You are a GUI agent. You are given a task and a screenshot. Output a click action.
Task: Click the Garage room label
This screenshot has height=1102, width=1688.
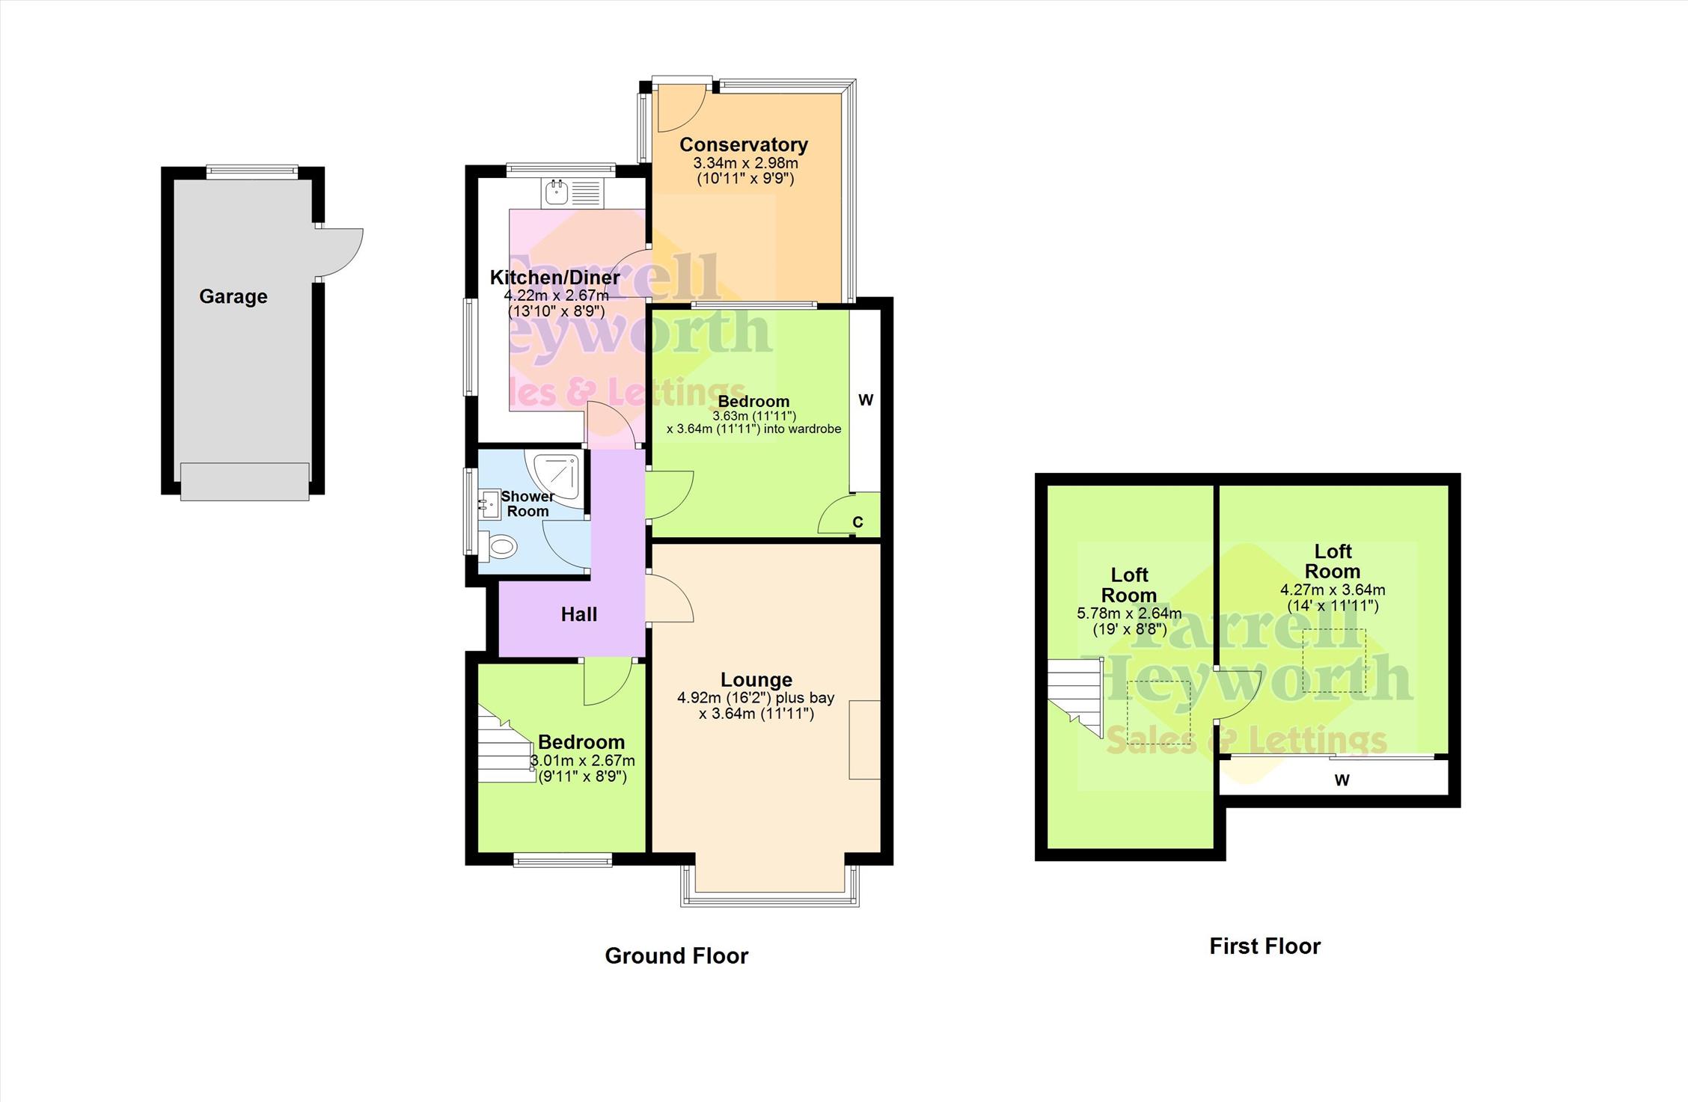pos(233,297)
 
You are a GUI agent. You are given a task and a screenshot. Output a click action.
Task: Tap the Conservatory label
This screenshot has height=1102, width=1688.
pos(743,145)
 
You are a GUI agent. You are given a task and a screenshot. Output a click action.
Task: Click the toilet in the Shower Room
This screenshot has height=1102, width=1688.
pos(498,547)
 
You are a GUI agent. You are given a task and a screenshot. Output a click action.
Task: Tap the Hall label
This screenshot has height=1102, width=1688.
pos(579,614)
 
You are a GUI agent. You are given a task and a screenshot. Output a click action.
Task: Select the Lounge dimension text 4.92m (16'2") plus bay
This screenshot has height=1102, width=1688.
pos(756,698)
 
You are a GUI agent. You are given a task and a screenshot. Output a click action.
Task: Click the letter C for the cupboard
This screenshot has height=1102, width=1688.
pos(857,522)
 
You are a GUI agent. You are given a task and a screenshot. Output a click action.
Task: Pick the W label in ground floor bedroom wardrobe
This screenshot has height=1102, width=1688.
pos(866,400)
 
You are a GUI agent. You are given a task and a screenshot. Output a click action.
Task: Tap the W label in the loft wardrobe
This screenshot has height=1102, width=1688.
pos(1342,780)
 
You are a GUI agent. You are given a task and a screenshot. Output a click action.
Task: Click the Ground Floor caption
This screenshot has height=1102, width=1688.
pos(676,956)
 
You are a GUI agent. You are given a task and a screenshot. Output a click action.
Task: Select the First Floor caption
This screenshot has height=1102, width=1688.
pos(1265,946)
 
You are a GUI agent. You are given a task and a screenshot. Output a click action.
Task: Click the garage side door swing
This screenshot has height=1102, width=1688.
pos(340,254)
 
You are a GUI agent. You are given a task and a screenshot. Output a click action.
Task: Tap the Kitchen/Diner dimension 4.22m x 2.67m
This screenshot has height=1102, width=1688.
pos(556,296)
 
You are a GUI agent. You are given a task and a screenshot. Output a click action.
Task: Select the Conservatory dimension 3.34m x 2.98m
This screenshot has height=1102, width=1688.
pos(745,163)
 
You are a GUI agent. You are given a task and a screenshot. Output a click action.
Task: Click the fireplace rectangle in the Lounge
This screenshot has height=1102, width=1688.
pos(864,740)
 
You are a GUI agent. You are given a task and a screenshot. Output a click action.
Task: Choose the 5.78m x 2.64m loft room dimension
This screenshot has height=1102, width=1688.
pos(1129,613)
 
